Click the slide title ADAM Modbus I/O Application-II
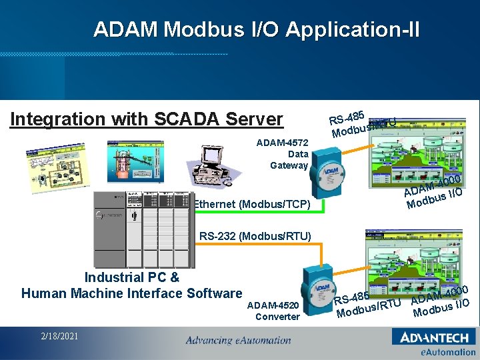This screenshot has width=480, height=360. (x=257, y=29)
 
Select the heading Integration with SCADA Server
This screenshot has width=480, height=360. (x=147, y=119)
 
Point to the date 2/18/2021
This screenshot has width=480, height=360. (x=59, y=336)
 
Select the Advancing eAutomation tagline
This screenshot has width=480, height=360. (x=238, y=341)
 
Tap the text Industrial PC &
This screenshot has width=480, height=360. (x=131, y=277)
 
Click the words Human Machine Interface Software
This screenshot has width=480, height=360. (x=131, y=293)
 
